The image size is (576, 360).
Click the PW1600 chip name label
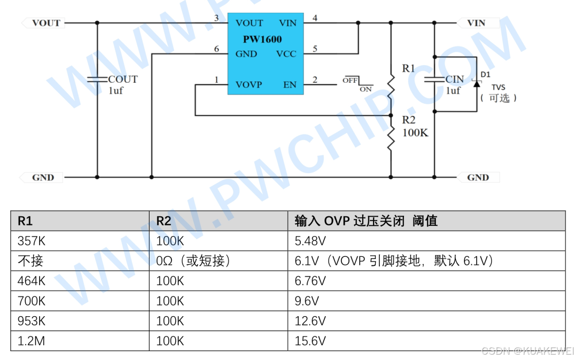pos(262,39)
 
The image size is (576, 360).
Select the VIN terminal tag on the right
pos(477,23)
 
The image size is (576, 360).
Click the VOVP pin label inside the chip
pos(249,84)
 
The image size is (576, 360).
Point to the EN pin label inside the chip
pos(290,84)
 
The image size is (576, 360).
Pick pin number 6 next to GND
pos(216,49)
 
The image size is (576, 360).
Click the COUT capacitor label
pos(123,79)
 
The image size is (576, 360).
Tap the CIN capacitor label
pos(455,79)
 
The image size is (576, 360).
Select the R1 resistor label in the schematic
pos(408,68)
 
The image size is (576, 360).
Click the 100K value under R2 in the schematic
pos(415,132)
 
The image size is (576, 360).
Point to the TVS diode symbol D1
pos(476,82)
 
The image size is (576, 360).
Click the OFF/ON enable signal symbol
pos(357,84)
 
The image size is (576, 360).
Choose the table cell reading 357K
pos(32,241)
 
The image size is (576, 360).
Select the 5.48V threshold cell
pos(310,241)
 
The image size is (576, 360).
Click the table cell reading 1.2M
pos(31,341)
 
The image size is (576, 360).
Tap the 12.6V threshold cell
pos(310,321)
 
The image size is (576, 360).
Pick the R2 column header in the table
pos(164,221)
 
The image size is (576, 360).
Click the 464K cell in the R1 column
pos(32,281)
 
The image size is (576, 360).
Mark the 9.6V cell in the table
pos(307,301)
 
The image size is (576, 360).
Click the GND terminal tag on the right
pos(478,177)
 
